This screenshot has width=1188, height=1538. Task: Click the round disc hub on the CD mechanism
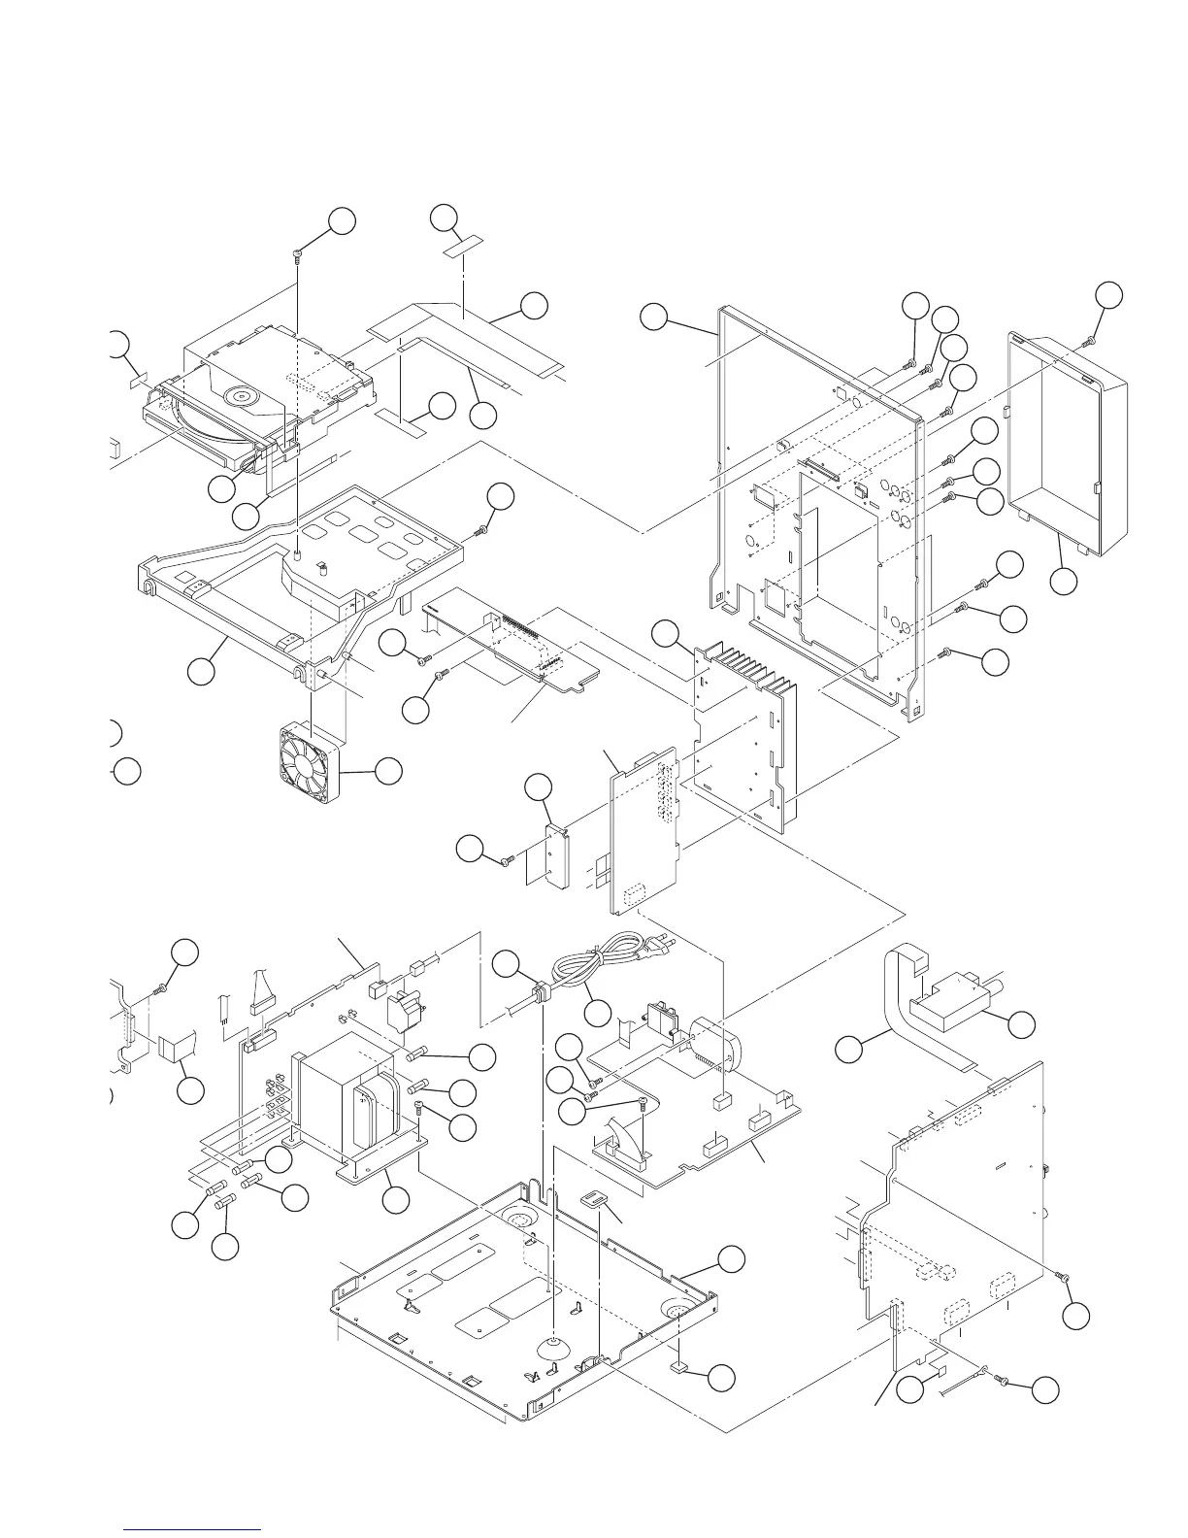pyautogui.click(x=239, y=396)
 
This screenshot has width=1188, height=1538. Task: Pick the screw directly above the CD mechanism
pyautogui.click(x=296, y=254)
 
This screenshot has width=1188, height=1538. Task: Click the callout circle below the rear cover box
pyautogui.click(x=1065, y=581)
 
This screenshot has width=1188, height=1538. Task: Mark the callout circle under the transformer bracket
pyautogui.click(x=395, y=1200)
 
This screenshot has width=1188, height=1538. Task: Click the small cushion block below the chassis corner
pyautogui.click(x=679, y=1367)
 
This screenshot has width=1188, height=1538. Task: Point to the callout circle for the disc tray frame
pyautogui.click(x=201, y=671)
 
